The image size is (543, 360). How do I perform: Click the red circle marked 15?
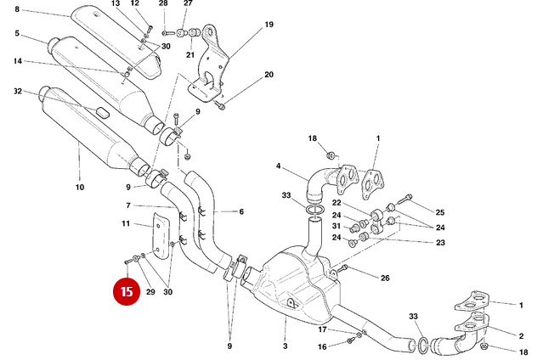[x=127, y=291]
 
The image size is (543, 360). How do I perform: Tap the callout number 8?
[x=17, y=9]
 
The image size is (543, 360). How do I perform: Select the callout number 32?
[x=18, y=91]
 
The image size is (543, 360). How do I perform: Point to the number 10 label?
[x=80, y=187]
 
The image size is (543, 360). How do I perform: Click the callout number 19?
[x=269, y=25]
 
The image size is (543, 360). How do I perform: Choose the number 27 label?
[x=188, y=3]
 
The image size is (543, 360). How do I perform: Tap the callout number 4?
[x=278, y=166]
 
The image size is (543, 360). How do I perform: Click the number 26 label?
[x=385, y=278]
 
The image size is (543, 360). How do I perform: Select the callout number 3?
[x=285, y=346]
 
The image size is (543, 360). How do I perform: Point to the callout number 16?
[x=322, y=346]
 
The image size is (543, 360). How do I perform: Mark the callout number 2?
[x=521, y=335]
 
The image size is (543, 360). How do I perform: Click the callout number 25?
[x=440, y=211]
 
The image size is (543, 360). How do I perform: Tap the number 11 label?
[x=125, y=224]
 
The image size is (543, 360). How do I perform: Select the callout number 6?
[x=240, y=211]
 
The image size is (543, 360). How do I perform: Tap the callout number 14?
[x=18, y=61]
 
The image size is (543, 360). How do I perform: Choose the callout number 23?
[x=440, y=243]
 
